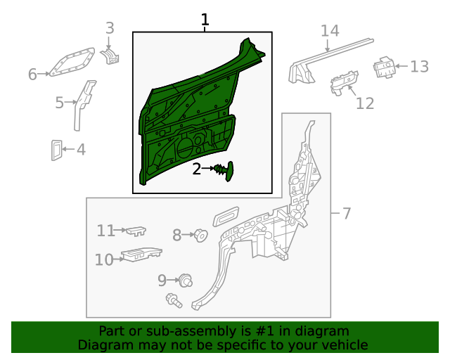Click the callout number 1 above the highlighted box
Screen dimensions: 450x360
[x=205, y=20]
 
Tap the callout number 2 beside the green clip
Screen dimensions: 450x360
[x=197, y=169]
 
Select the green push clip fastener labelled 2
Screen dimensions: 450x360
[x=224, y=171]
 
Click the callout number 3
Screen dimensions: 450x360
[x=110, y=28]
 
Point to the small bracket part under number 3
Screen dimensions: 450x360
[x=110, y=56]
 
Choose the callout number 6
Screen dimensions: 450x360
[x=32, y=74]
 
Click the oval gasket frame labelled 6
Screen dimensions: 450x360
[x=72, y=62]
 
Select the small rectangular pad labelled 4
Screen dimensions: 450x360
[x=56, y=150]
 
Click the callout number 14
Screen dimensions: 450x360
[x=330, y=30]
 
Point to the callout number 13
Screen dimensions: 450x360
[x=419, y=66]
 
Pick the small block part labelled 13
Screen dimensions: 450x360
[x=384, y=67]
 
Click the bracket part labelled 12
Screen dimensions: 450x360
[x=344, y=82]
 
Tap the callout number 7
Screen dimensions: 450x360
[x=347, y=213]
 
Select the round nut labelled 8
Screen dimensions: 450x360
[x=200, y=236]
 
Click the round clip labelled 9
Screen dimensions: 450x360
[x=186, y=280]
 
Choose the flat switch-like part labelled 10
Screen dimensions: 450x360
[x=141, y=255]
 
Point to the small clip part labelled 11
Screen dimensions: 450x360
[x=136, y=231]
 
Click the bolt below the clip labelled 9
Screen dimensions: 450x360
[x=174, y=300]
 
